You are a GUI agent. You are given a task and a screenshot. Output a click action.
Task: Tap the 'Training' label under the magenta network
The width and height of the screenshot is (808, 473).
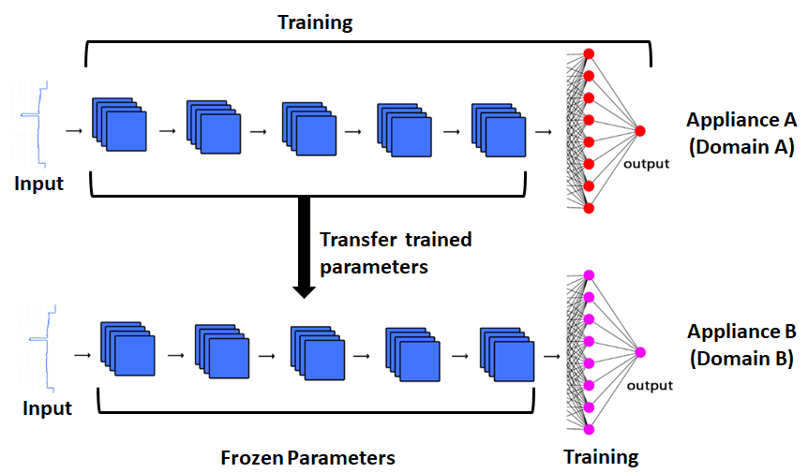601,457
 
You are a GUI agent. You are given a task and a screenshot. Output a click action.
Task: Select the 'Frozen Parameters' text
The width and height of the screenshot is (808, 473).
307,458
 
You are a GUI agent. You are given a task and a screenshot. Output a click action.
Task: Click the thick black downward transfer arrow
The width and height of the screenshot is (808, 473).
303,247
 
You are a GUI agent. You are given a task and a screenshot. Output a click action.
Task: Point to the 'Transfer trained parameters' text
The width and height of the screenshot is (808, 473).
395,253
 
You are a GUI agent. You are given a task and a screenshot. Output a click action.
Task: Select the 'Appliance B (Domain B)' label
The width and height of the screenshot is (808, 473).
741,345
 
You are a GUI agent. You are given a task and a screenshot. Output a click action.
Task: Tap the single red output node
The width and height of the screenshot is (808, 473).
641,131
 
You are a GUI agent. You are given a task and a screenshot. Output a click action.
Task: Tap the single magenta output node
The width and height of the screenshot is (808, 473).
640,352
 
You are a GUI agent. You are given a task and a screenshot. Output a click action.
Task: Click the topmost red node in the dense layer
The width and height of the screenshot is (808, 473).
589,53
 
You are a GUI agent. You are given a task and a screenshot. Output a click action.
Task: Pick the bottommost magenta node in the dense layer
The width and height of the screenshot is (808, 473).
589,430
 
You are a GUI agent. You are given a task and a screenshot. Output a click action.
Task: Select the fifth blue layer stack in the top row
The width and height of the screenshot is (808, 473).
499,126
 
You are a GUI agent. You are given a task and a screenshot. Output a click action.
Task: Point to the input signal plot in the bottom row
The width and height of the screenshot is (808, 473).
39,346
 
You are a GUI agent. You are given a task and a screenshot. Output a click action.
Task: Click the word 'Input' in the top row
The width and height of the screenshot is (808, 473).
38,184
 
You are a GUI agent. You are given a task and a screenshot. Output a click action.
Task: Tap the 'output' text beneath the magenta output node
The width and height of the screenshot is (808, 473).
650,385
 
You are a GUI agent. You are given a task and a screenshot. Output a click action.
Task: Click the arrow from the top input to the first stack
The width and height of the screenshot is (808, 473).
73,130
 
